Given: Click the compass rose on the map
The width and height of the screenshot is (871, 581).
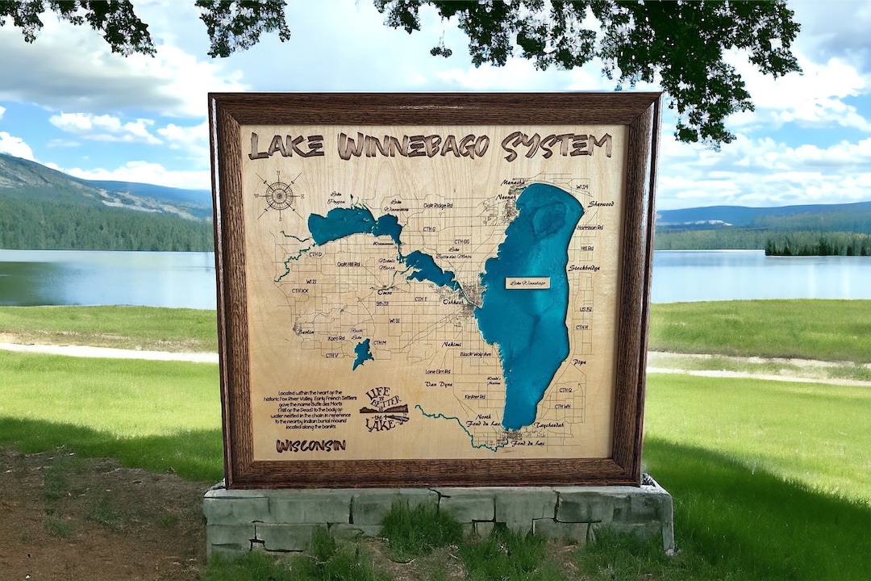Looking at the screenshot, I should pyautogui.click(x=279, y=195).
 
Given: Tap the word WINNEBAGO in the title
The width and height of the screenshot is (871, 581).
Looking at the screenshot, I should pyautogui.click(x=413, y=146).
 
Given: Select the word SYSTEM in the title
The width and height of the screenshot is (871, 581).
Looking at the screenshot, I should pyautogui.click(x=556, y=145).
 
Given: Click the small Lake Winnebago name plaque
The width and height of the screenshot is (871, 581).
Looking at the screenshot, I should pyautogui.click(x=527, y=283).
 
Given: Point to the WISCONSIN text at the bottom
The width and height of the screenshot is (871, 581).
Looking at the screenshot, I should pyautogui.click(x=310, y=445).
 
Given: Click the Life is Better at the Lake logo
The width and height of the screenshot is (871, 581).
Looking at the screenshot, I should pyautogui.click(x=384, y=409).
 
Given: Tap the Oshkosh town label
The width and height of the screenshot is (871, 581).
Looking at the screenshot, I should pyautogui.click(x=452, y=302).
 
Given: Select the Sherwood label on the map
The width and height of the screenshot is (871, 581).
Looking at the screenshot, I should pyautogui.click(x=601, y=204).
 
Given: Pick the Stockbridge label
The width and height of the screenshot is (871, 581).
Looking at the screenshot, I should pyautogui.click(x=584, y=268).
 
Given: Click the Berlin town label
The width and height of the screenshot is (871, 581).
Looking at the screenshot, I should pyautogui.click(x=305, y=332).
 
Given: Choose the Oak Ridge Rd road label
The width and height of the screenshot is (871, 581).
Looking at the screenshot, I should pyautogui.click(x=437, y=206).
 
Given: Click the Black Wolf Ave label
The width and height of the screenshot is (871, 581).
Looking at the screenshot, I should pyautogui.click(x=475, y=354).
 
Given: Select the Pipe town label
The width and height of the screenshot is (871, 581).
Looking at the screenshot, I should pyautogui.click(x=579, y=362).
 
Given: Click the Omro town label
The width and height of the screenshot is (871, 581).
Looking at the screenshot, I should pyautogui.click(x=385, y=292).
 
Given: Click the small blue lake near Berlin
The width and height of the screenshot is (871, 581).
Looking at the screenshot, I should pyautogui.click(x=362, y=353).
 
